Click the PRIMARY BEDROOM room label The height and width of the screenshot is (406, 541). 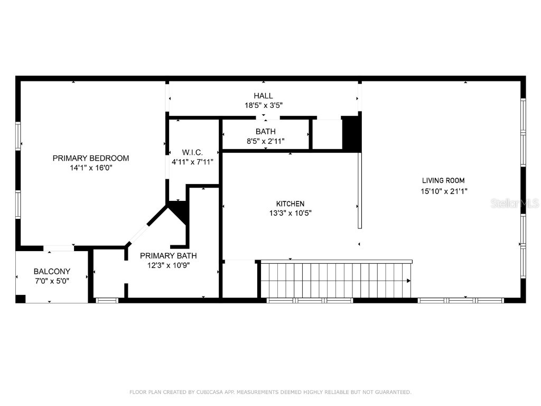(91, 158)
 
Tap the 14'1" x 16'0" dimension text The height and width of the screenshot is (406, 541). (91, 168)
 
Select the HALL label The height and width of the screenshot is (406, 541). (263, 96)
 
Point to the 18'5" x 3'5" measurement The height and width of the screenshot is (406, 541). (263, 105)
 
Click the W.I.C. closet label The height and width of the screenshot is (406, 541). (192, 152)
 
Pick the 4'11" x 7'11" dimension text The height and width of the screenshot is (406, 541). (192, 162)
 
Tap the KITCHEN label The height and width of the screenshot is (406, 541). (290, 204)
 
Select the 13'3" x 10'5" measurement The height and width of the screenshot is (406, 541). (290, 213)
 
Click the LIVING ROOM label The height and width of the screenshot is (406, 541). (443, 181)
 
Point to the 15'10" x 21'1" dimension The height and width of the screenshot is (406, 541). (443, 191)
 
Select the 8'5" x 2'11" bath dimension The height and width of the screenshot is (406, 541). (265, 141)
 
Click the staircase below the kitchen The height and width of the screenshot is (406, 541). (336, 280)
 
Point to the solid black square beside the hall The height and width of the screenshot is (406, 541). (351, 133)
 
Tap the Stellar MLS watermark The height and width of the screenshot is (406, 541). (514, 204)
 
